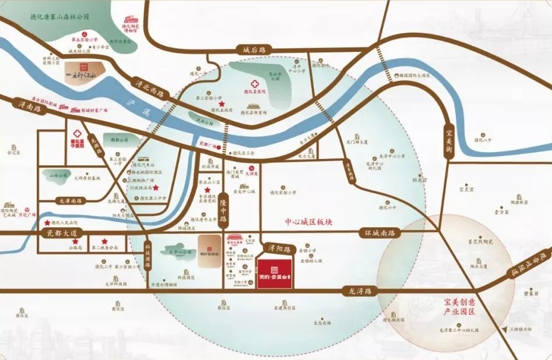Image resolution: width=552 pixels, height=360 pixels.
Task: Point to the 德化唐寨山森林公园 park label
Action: click(59, 18)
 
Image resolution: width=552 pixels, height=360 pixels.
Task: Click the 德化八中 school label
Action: click(483, 140)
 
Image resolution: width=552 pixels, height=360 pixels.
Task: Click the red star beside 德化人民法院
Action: click(47, 223)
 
